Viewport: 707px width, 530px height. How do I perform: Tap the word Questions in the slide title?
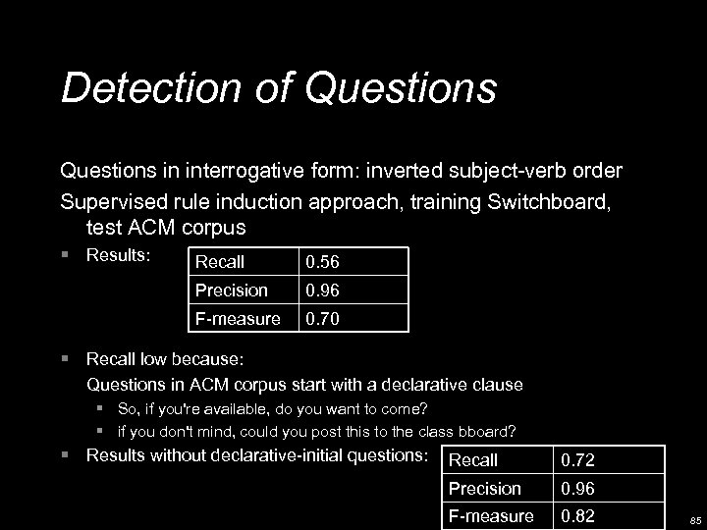[401, 87]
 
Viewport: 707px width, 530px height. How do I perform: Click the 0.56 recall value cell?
[322, 262]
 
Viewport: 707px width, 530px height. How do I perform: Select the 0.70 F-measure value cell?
[322, 318]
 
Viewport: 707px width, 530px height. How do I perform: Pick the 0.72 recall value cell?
[577, 460]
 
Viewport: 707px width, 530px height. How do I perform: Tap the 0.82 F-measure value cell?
[577, 516]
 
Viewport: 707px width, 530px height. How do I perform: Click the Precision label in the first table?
[231, 291]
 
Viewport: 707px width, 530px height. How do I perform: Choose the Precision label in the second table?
[485, 488]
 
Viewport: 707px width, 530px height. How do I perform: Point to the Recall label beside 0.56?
[220, 262]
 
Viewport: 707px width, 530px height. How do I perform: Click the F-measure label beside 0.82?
[491, 516]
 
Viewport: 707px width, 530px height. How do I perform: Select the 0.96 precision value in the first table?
[322, 291]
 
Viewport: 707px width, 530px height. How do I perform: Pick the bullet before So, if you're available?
[101, 408]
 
